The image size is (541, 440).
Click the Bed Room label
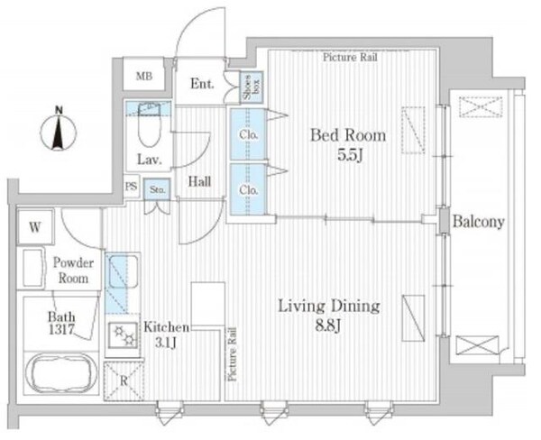(348, 135)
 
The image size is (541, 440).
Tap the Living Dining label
(329, 306)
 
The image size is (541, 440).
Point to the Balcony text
(479, 222)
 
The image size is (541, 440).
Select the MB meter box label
(144, 76)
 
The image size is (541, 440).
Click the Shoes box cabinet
(252, 87)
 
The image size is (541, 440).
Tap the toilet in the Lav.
(150, 125)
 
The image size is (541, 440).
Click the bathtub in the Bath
(61, 373)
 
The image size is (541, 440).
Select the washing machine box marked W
(35, 227)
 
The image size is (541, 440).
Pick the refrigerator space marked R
(124, 381)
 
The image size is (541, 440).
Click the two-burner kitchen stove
(124, 335)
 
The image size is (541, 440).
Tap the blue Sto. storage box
(157, 189)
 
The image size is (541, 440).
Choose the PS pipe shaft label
(131, 187)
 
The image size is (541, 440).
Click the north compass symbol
(59, 130)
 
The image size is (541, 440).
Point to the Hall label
(200, 181)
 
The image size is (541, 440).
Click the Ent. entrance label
(202, 84)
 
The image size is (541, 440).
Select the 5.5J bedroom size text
(350, 156)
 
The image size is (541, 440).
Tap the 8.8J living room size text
(328, 325)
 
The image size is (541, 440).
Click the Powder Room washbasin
(33, 268)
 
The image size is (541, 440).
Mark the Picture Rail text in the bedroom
(350, 57)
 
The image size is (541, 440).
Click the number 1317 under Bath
(61, 330)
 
